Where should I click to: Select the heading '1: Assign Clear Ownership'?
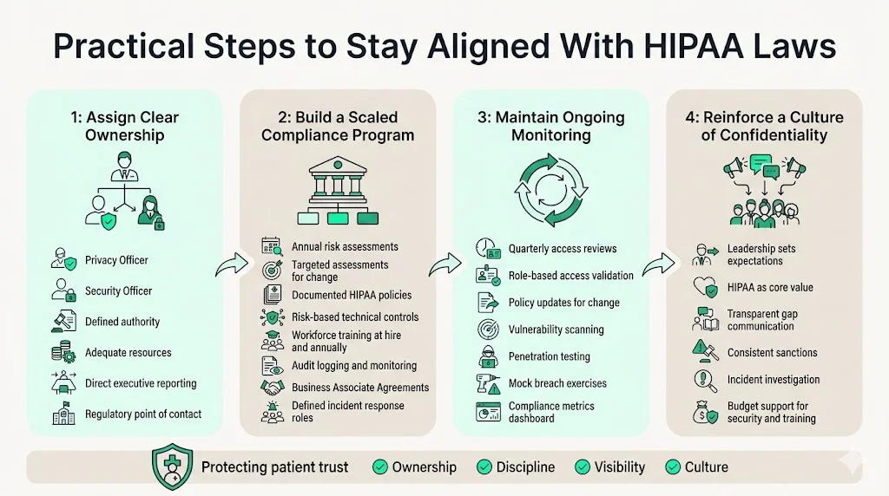pyautogui.click(x=125, y=126)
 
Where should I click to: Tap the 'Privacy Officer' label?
pyautogui.click(x=116, y=260)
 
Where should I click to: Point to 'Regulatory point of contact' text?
pyautogui.click(x=143, y=414)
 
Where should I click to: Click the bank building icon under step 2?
pyautogui.click(x=337, y=180)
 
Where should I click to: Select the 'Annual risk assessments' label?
pyautogui.click(x=345, y=247)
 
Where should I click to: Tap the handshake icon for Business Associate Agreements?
pyautogui.click(x=272, y=388)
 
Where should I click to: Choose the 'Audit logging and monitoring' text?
pyautogui.click(x=354, y=366)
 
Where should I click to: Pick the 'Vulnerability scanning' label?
pyautogui.click(x=556, y=330)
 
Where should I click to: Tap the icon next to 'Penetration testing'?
pyautogui.click(x=487, y=356)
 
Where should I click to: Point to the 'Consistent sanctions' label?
pyautogui.click(x=772, y=353)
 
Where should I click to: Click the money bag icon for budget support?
pyautogui.click(x=703, y=412)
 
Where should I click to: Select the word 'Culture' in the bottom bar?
pyautogui.click(x=706, y=467)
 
